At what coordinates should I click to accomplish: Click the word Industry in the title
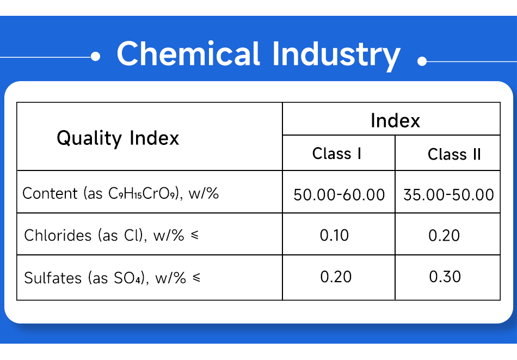click(x=336, y=56)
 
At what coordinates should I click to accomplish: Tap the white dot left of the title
click(x=96, y=57)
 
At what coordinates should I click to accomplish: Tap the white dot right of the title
click(x=422, y=61)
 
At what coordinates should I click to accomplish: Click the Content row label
click(x=120, y=193)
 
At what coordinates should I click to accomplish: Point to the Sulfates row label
click(x=112, y=278)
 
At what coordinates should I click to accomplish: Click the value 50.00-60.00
click(x=339, y=194)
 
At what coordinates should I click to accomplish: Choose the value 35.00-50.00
click(x=449, y=194)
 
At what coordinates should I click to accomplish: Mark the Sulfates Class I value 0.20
click(x=336, y=277)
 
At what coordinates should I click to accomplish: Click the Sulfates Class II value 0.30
click(x=445, y=277)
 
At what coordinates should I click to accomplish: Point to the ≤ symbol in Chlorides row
click(x=195, y=235)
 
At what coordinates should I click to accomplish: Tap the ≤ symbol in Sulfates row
click(x=196, y=278)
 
